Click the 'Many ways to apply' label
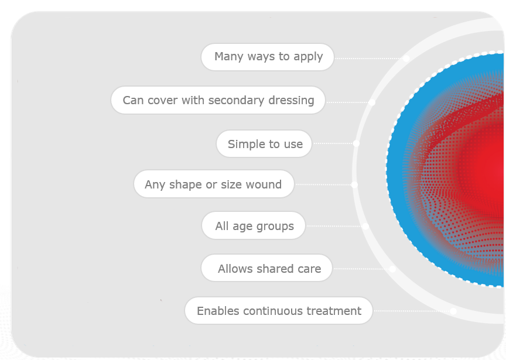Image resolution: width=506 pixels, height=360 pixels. pyautogui.click(x=268, y=57)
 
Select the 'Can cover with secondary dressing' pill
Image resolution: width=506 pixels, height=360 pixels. pyautogui.click(x=218, y=100)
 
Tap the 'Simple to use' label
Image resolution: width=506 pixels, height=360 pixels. pyautogui.click(x=264, y=144)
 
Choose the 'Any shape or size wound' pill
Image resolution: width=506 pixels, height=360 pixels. pyautogui.click(x=214, y=184)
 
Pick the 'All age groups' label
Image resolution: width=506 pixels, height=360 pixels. pyautogui.click(x=254, y=225)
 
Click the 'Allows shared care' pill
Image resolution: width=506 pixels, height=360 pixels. pyautogui.click(x=266, y=268)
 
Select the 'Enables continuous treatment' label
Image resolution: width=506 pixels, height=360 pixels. pyautogui.click(x=279, y=311)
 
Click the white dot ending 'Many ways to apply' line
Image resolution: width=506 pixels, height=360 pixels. pyautogui.click(x=406, y=59)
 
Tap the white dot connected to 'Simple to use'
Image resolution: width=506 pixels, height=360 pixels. pyautogui.click(x=356, y=143)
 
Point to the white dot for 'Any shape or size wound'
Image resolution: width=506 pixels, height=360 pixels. pyautogui.click(x=354, y=185)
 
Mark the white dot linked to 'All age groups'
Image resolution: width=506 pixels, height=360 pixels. pyautogui.click(x=365, y=226)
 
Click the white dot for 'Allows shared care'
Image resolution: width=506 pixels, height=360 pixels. pyautogui.click(x=392, y=269)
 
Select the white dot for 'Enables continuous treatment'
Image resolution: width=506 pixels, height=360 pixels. pyautogui.click(x=453, y=311)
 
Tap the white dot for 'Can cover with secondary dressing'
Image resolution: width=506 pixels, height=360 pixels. pyautogui.click(x=372, y=102)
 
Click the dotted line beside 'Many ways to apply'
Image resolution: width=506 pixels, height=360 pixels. pyautogui.click(x=368, y=59)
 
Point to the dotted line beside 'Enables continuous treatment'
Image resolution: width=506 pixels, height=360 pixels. pyautogui.click(x=412, y=311)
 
